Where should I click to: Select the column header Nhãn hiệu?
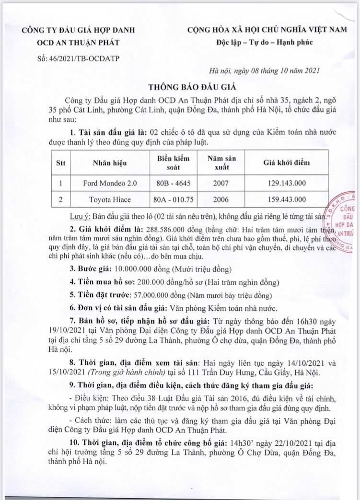[110, 163]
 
